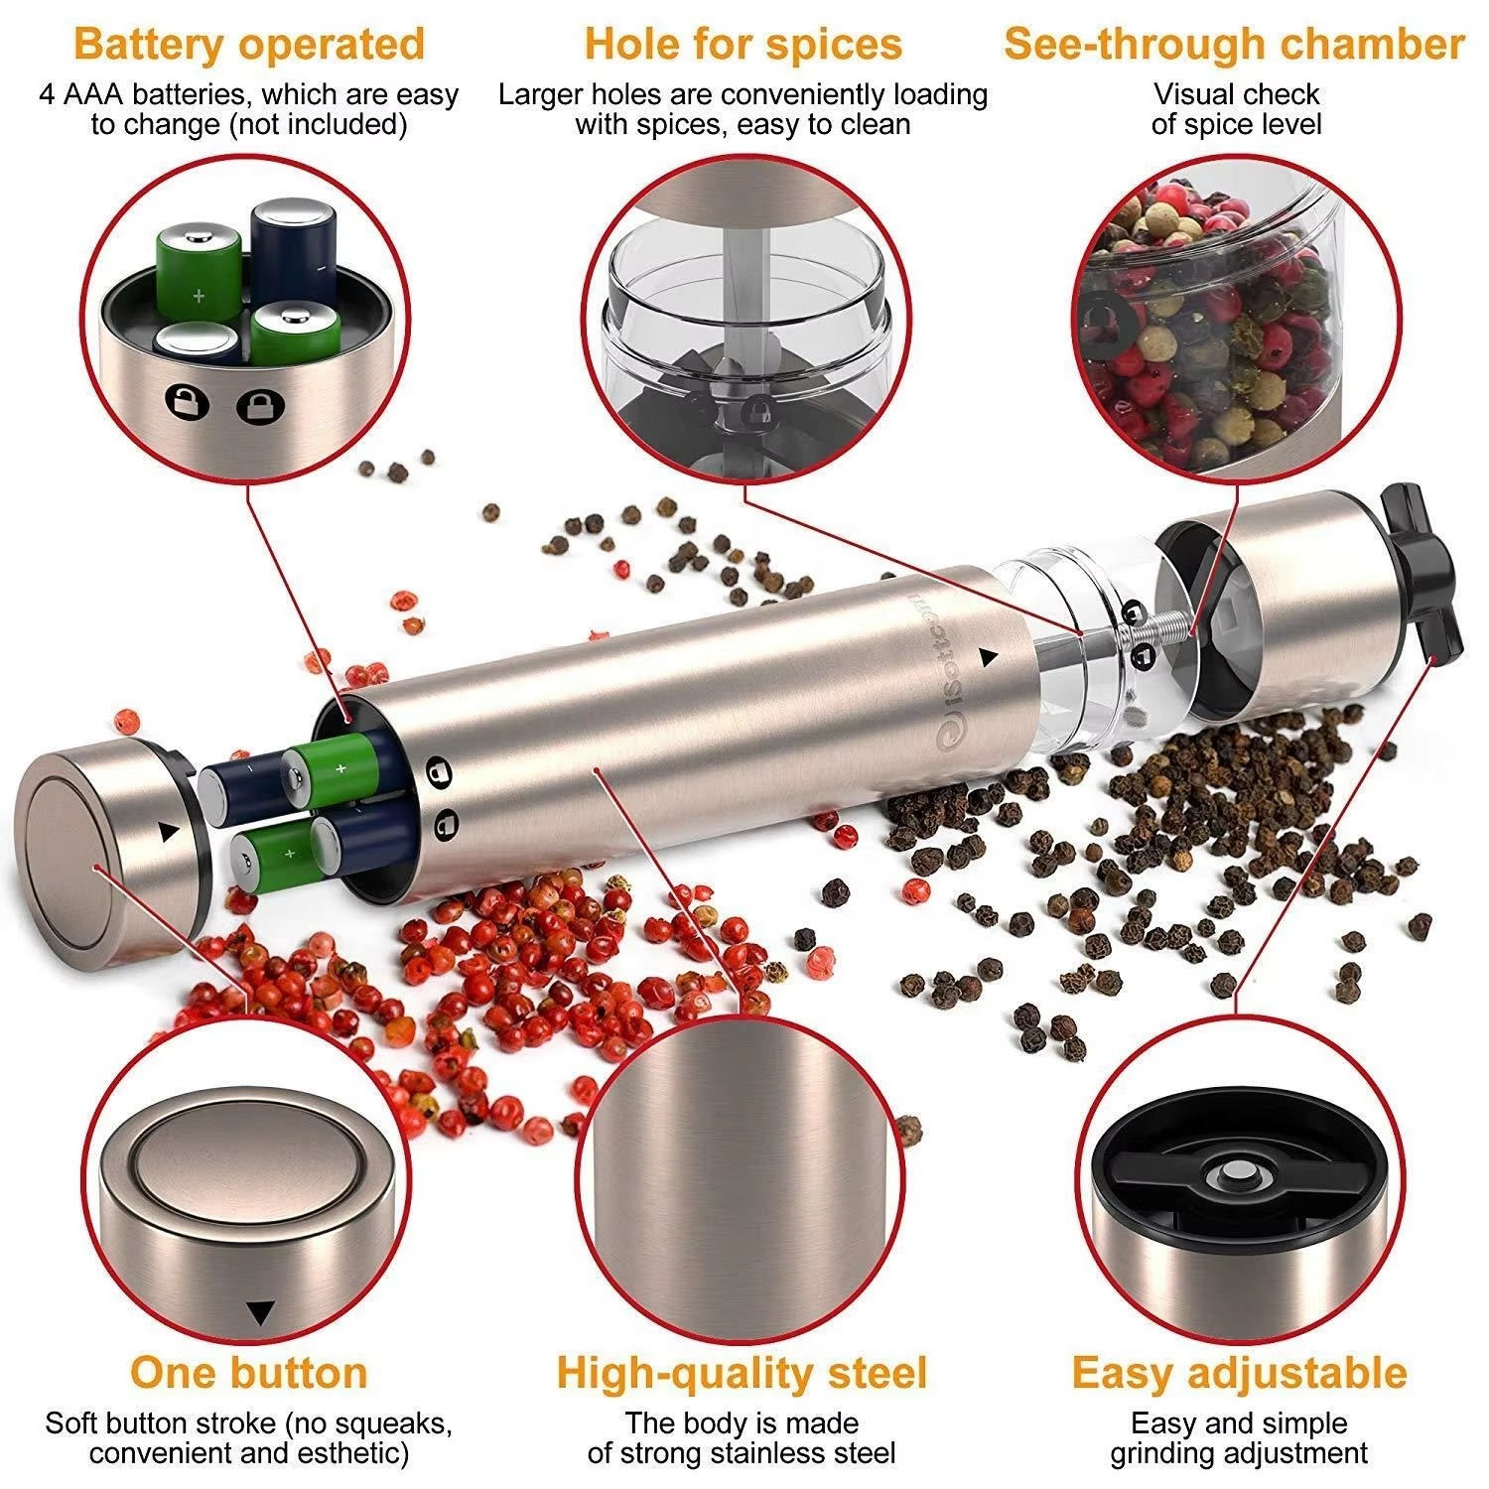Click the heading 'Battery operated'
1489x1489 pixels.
pos(249,45)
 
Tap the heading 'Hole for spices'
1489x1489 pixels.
pos(743,45)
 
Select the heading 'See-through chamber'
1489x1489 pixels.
pos(1234,45)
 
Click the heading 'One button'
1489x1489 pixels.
pos(249,1373)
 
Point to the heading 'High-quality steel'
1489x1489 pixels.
pos(742,1374)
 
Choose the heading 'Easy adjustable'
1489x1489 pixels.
pos(1239,1374)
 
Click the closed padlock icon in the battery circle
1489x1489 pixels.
pos(260,406)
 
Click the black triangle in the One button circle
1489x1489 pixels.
pos(260,1313)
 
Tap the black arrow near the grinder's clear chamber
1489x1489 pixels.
pos(988,656)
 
